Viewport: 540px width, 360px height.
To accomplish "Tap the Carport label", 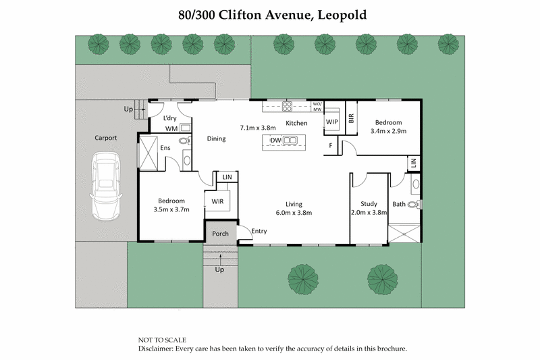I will (105, 138).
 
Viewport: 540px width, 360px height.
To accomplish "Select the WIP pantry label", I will (331, 122).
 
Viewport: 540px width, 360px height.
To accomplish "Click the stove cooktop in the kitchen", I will (286, 106).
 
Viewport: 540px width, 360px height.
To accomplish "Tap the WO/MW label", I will (317, 106).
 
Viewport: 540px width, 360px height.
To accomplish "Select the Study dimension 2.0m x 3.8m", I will (369, 212).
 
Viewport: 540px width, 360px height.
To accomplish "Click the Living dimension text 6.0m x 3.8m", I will (293, 212).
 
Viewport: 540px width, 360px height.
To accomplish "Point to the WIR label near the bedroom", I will (217, 201).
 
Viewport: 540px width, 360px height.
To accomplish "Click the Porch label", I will (220, 234).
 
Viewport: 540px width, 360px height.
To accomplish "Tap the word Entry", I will (259, 232).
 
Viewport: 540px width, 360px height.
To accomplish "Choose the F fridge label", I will (331, 145).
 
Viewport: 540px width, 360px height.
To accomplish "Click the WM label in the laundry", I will (171, 128).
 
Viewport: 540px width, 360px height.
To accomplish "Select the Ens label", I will (165, 147).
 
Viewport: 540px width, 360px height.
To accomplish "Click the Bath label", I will (399, 204).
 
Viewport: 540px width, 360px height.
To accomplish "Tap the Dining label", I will (216, 139).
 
